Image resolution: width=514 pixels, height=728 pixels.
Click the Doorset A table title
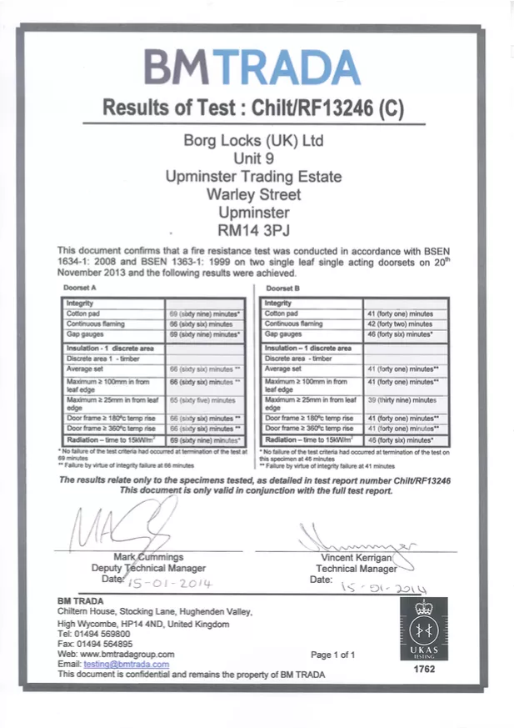[82, 288]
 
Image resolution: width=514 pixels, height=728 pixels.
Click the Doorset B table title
[279, 288]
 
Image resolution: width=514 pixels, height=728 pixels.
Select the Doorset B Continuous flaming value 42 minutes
[400, 324]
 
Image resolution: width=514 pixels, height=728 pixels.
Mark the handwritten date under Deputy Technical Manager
[171, 581]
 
